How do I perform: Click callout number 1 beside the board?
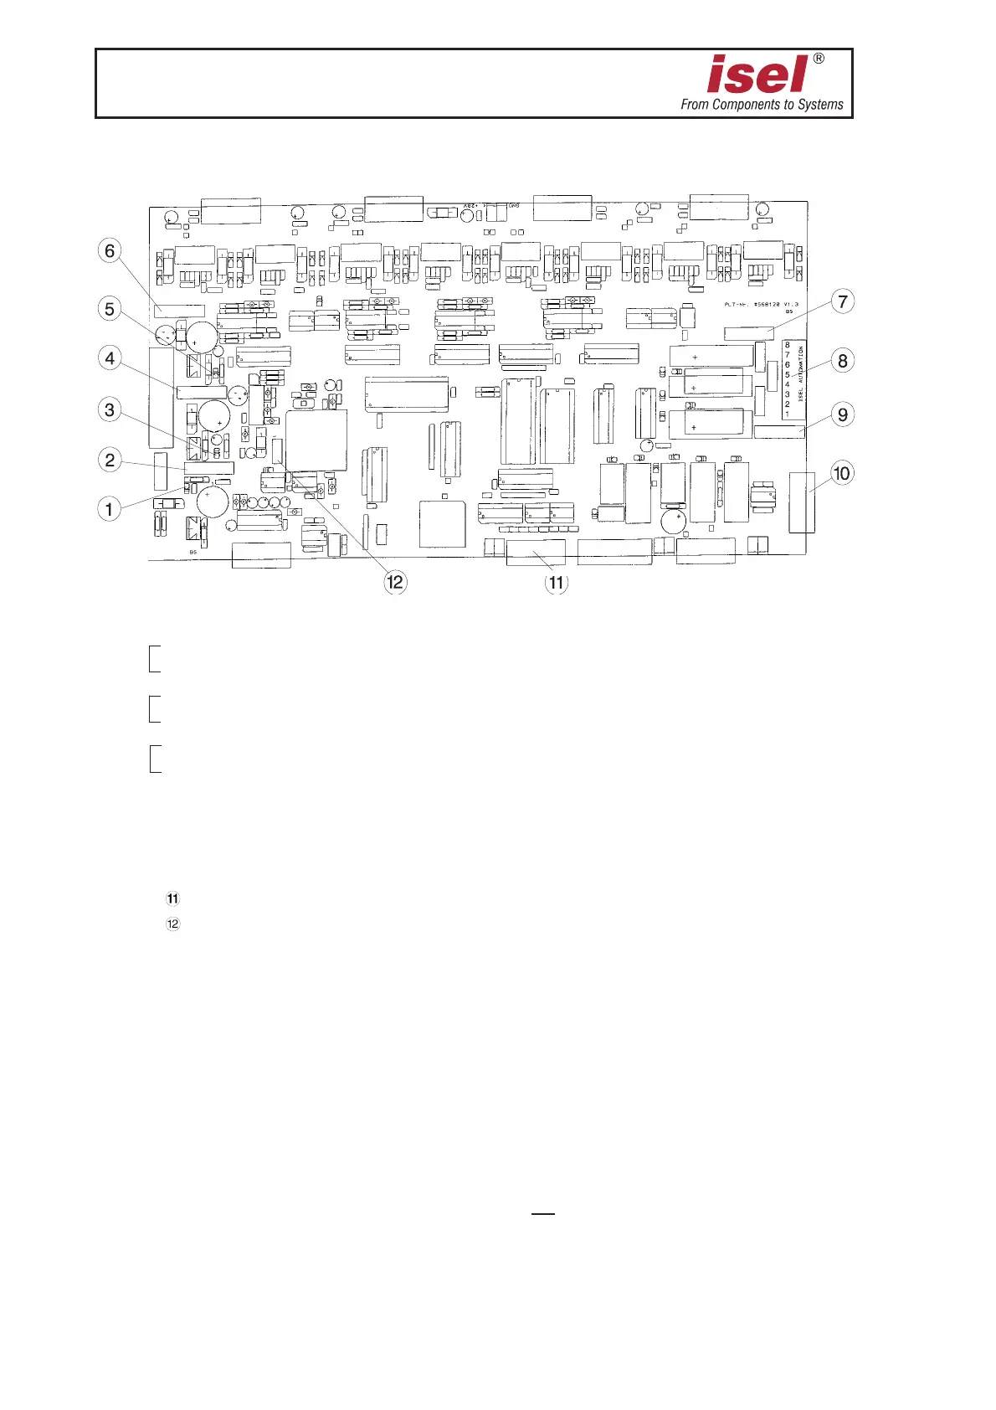[x=109, y=507]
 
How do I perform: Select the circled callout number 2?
[x=109, y=459]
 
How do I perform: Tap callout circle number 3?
[x=109, y=409]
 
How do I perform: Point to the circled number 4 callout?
[x=109, y=358]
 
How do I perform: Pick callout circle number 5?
[x=109, y=308]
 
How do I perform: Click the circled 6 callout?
[x=109, y=250]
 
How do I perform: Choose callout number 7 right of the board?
[x=843, y=301]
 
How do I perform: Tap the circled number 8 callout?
[x=843, y=361]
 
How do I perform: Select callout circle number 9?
[x=843, y=414]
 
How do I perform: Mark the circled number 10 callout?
[x=841, y=473]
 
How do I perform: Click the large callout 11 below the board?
[x=557, y=582]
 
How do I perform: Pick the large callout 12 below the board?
[x=395, y=582]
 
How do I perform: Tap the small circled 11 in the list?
[x=172, y=899]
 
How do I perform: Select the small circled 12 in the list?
[x=172, y=924]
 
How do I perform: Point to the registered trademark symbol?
[x=819, y=59]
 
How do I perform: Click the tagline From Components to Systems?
[x=762, y=105]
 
